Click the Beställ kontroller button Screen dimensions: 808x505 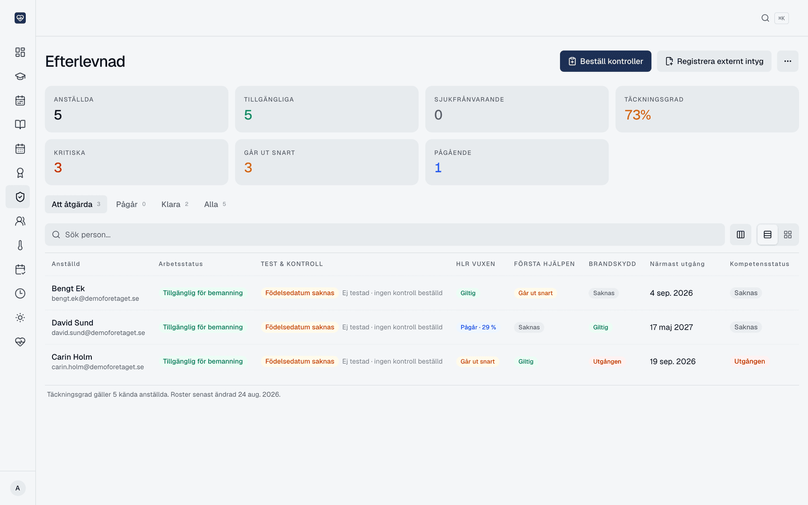(x=605, y=61)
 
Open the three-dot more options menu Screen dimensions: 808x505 (x=787, y=61)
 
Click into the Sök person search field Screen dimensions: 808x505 (x=384, y=234)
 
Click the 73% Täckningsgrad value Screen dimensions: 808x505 (x=637, y=115)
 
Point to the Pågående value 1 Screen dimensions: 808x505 (x=438, y=168)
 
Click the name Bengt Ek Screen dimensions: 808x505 (x=68, y=288)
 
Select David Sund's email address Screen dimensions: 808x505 (x=98, y=333)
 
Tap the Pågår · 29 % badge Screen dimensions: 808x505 (x=478, y=327)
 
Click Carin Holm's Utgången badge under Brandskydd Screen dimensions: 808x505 (x=607, y=362)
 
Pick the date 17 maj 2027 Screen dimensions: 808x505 (x=671, y=327)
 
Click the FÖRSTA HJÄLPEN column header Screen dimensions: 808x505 (x=544, y=264)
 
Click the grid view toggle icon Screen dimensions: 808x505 (x=788, y=234)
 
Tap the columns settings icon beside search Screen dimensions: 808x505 (x=740, y=234)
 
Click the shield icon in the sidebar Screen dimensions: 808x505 (x=20, y=196)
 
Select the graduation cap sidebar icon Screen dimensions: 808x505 (x=20, y=76)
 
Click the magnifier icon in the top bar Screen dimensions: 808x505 (x=765, y=18)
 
